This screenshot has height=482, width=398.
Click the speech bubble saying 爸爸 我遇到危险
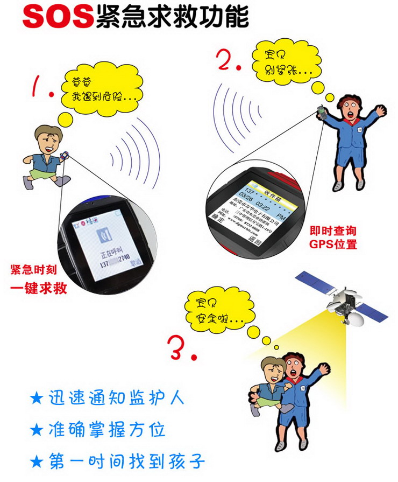coord(102,90)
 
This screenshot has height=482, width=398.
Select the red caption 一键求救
coord(39,288)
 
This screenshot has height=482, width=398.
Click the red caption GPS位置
coord(333,243)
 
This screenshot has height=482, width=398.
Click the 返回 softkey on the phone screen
coord(258,242)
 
